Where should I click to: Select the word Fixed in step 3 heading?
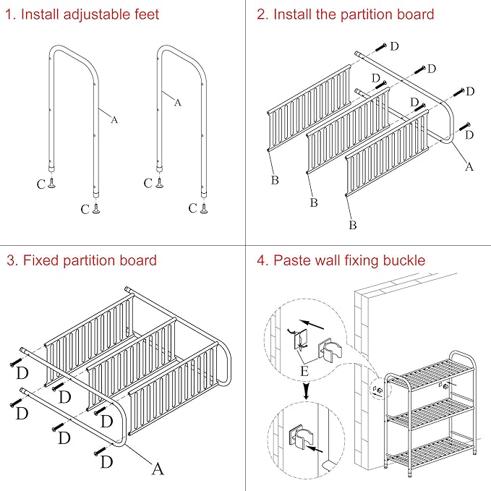click(41, 260)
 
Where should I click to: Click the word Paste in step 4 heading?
click(292, 260)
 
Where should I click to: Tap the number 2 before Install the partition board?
click(262, 14)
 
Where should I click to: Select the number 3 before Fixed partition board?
click(12, 260)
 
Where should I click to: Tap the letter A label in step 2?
click(469, 167)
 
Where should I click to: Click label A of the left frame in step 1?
click(114, 120)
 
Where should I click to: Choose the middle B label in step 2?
click(313, 202)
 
